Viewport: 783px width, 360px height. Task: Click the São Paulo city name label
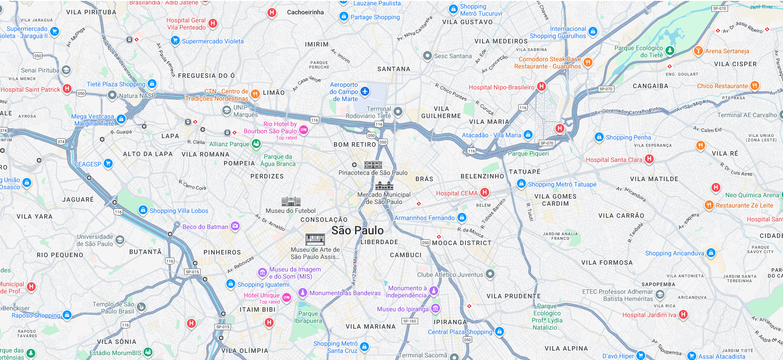[x=357, y=230]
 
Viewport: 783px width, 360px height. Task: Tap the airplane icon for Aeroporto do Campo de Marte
[x=365, y=92]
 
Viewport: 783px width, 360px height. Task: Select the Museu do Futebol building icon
[x=291, y=201]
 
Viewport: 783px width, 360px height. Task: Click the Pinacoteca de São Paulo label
[x=373, y=173]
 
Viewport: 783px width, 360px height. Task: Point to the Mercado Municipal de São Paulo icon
[x=384, y=186]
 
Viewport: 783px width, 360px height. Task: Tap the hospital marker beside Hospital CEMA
[x=484, y=193]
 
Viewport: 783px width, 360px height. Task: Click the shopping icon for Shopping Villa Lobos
[x=143, y=210]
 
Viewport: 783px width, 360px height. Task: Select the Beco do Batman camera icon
[x=235, y=226]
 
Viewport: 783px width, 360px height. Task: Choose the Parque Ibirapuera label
[x=308, y=317]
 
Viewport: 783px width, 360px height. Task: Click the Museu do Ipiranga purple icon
[x=436, y=309]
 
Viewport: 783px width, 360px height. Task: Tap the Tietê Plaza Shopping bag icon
[x=152, y=84]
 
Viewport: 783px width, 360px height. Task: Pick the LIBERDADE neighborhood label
[x=379, y=242]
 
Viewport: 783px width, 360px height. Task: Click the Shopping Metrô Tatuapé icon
[x=521, y=184]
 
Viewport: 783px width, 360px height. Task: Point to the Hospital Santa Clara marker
[x=649, y=159]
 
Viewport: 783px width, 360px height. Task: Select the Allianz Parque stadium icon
[x=256, y=144]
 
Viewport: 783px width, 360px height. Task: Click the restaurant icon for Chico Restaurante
[x=754, y=85]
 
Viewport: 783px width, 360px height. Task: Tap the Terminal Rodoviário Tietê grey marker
[x=398, y=111]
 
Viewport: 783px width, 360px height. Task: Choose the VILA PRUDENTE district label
[x=513, y=296]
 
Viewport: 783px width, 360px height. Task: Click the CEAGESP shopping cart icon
[x=108, y=164]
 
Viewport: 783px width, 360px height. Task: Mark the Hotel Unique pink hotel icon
[x=287, y=297]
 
